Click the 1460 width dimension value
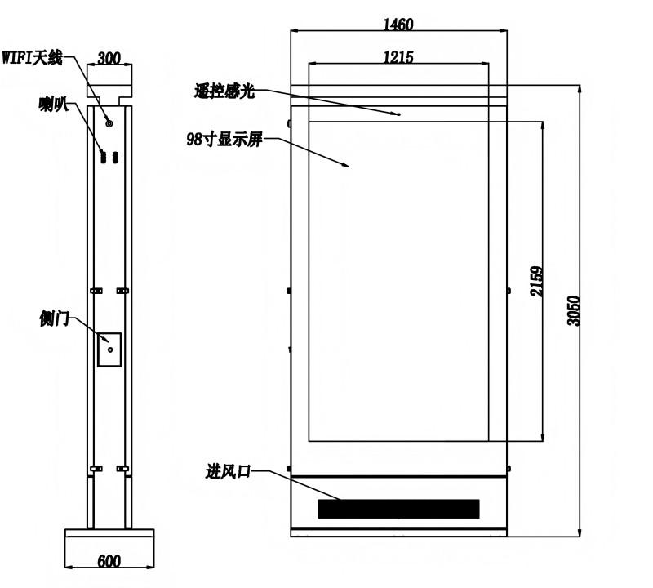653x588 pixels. tap(398, 24)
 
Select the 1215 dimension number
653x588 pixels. tap(398, 56)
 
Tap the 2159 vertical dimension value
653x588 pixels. tap(537, 281)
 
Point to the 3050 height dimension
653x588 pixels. tap(574, 310)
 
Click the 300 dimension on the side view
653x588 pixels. tap(109, 58)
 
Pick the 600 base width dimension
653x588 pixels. tap(109, 561)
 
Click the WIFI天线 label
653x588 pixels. tap(32, 57)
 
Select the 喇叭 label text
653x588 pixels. tap(53, 105)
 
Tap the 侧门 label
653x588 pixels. tap(54, 318)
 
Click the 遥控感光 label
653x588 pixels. tap(224, 91)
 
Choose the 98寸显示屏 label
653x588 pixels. tap(224, 139)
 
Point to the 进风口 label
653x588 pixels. tap(228, 472)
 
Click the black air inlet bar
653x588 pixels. tap(398, 509)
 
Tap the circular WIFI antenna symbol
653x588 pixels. tap(109, 123)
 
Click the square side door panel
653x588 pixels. tap(109, 350)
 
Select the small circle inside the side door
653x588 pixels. tap(110, 350)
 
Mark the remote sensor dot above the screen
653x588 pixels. tap(399, 114)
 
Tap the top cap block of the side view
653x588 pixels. tap(109, 81)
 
